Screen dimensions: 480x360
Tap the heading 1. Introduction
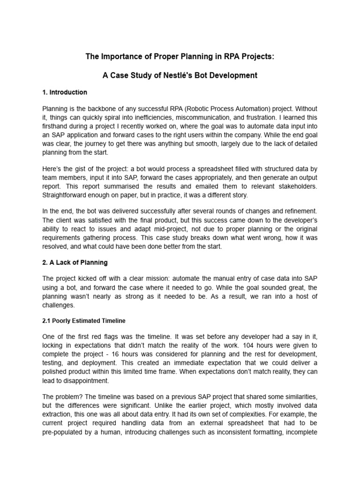click(65, 92)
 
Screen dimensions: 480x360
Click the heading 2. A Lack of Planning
click(75, 262)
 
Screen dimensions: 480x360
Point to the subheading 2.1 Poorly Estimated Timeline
click(84, 321)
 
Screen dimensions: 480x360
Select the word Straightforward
click(67, 196)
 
